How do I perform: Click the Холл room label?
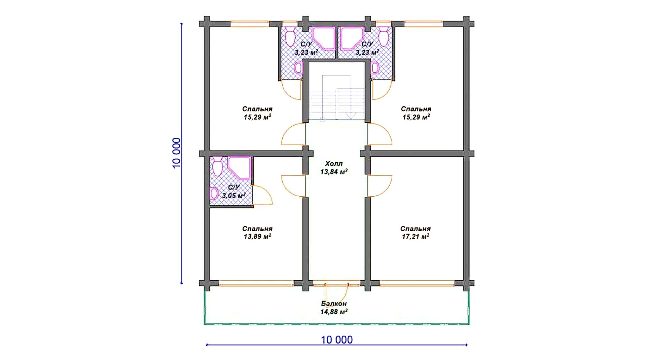click(334, 164)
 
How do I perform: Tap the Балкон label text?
click(334, 304)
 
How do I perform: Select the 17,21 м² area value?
click(416, 237)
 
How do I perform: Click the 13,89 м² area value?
click(257, 237)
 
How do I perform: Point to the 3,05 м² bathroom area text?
click(234, 195)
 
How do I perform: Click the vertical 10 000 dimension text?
click(177, 153)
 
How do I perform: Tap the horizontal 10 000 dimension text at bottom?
click(337, 340)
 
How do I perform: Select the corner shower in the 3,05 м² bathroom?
click(239, 167)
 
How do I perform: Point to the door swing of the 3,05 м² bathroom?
click(262, 195)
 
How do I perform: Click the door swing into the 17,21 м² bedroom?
click(380, 186)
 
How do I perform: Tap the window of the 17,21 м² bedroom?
click(417, 283)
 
